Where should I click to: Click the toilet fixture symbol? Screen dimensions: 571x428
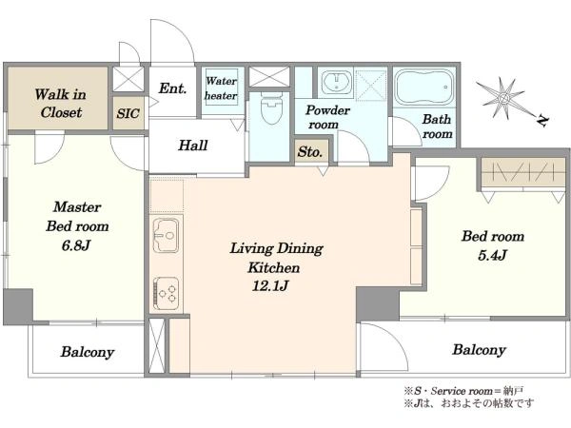[x=271, y=107]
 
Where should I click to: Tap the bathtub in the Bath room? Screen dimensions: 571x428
[x=424, y=88]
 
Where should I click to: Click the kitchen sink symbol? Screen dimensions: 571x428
[x=166, y=235]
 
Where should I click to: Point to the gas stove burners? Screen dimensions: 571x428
[x=166, y=293]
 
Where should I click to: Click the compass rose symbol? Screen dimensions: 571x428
[x=504, y=98]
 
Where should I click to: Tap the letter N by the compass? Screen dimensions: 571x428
[x=542, y=121]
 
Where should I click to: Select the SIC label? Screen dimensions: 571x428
[x=128, y=114]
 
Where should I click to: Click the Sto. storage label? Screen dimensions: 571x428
[x=310, y=152]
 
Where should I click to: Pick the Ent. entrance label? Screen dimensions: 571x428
[x=173, y=88]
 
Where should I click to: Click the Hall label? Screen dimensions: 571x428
[x=193, y=146]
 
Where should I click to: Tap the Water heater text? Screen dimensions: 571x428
[x=221, y=88]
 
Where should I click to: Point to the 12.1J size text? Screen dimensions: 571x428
[x=270, y=286]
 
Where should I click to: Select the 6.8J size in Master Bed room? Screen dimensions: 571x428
[x=76, y=246]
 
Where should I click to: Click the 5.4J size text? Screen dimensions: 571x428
[x=492, y=256]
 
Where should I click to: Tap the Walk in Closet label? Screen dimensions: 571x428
[x=61, y=104]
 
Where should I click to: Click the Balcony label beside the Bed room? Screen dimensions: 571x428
[x=479, y=350]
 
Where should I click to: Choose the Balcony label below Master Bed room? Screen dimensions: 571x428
[x=88, y=352]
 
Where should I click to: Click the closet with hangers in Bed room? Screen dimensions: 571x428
[x=523, y=172]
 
